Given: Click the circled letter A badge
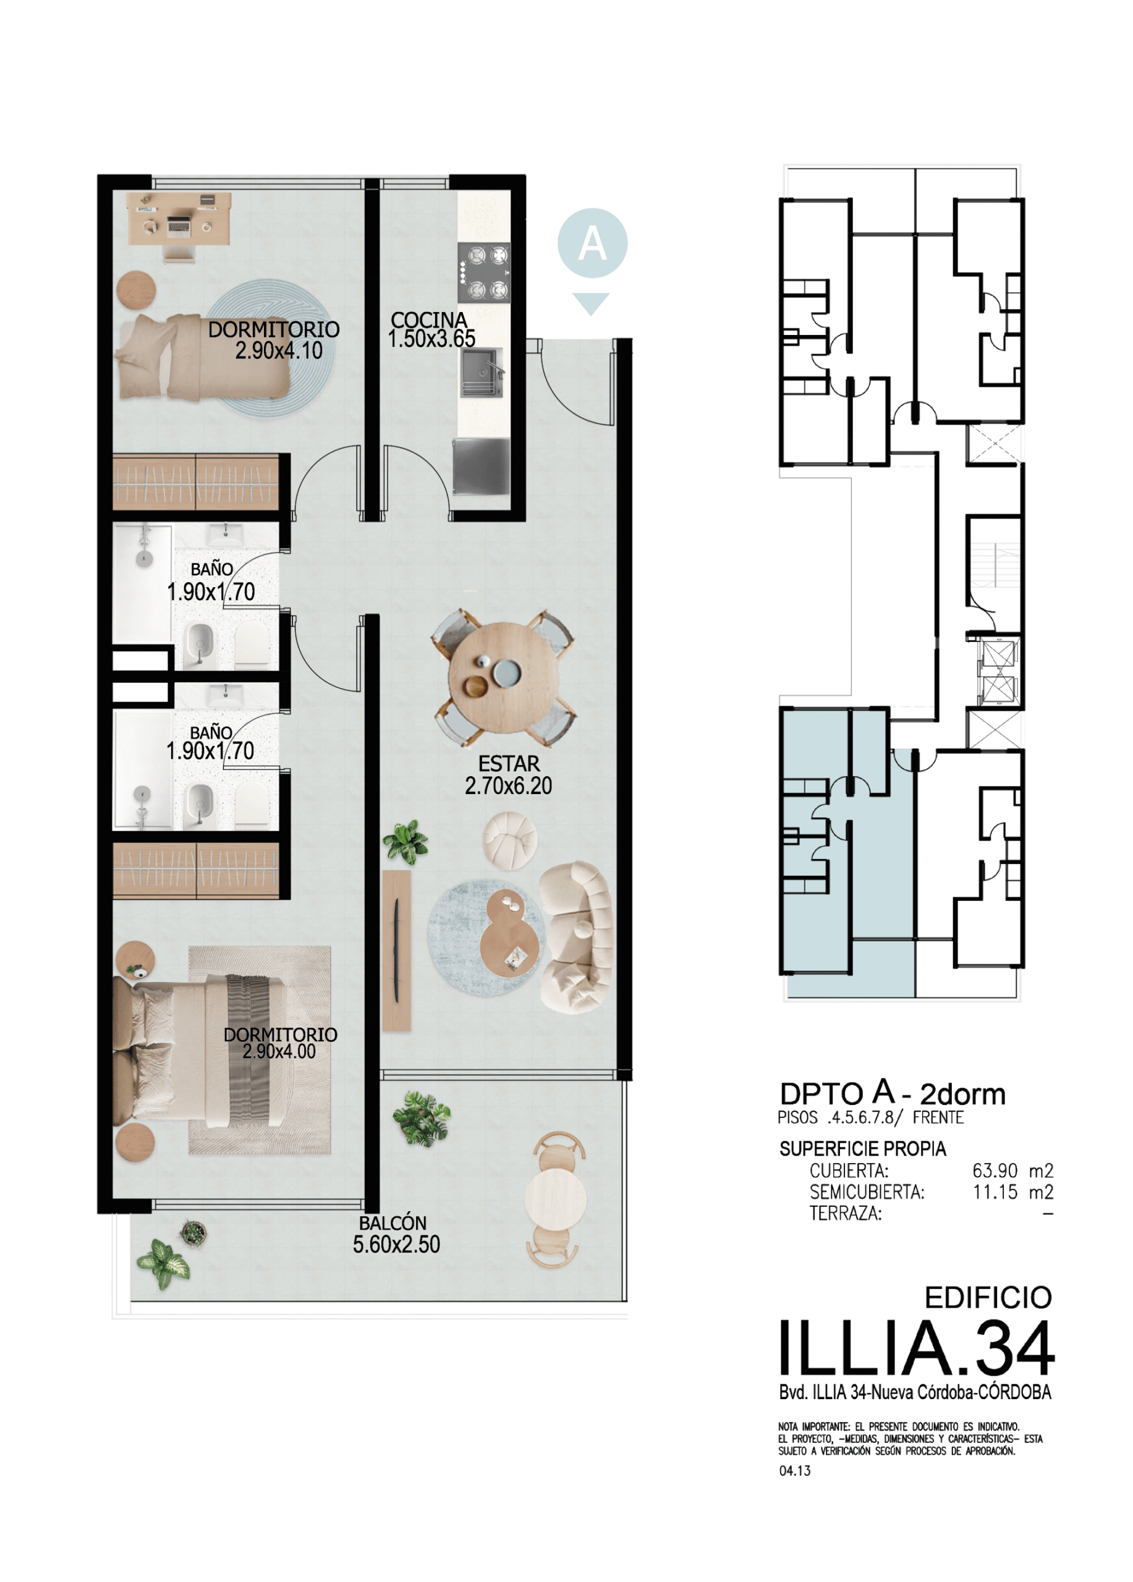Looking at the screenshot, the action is click(592, 243).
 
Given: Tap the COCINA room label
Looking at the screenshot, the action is click(429, 320).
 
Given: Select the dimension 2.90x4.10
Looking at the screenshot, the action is click(278, 350).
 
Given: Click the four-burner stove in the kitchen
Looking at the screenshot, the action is click(484, 272).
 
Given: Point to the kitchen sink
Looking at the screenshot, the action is click(483, 373).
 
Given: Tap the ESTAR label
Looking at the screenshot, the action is click(509, 764).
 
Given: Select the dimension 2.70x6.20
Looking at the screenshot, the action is click(509, 786).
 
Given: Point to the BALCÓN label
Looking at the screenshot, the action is click(393, 1223).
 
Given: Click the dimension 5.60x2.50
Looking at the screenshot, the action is click(396, 1245).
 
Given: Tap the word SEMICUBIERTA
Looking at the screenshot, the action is click(867, 1192).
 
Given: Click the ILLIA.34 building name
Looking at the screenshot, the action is click(916, 1349).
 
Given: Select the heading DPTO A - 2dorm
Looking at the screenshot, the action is click(893, 1093).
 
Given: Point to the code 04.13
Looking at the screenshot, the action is click(795, 1470).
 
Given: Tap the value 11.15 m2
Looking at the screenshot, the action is click(1013, 1192).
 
